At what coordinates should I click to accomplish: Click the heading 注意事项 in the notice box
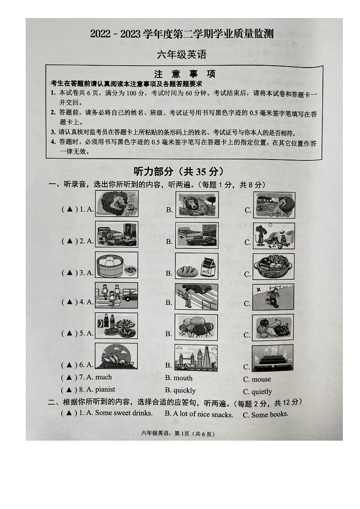pos(185,74)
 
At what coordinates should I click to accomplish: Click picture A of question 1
pos(117,204)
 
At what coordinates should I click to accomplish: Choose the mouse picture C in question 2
pos(273,236)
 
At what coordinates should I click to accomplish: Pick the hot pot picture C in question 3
pos(273,266)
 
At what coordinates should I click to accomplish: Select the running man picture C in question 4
pos(273,297)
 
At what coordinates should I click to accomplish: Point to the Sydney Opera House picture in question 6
pos(117,356)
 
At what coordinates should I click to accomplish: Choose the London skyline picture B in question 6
pos(196,358)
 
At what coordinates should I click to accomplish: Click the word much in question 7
pos(103,377)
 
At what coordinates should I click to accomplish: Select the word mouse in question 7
pos(261,379)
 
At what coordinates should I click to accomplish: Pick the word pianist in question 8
pos(105,389)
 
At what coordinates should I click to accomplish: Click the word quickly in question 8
pos(185,390)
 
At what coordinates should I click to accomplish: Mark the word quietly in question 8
pos(262,392)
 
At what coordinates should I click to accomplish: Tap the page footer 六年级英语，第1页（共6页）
pos(184,434)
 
